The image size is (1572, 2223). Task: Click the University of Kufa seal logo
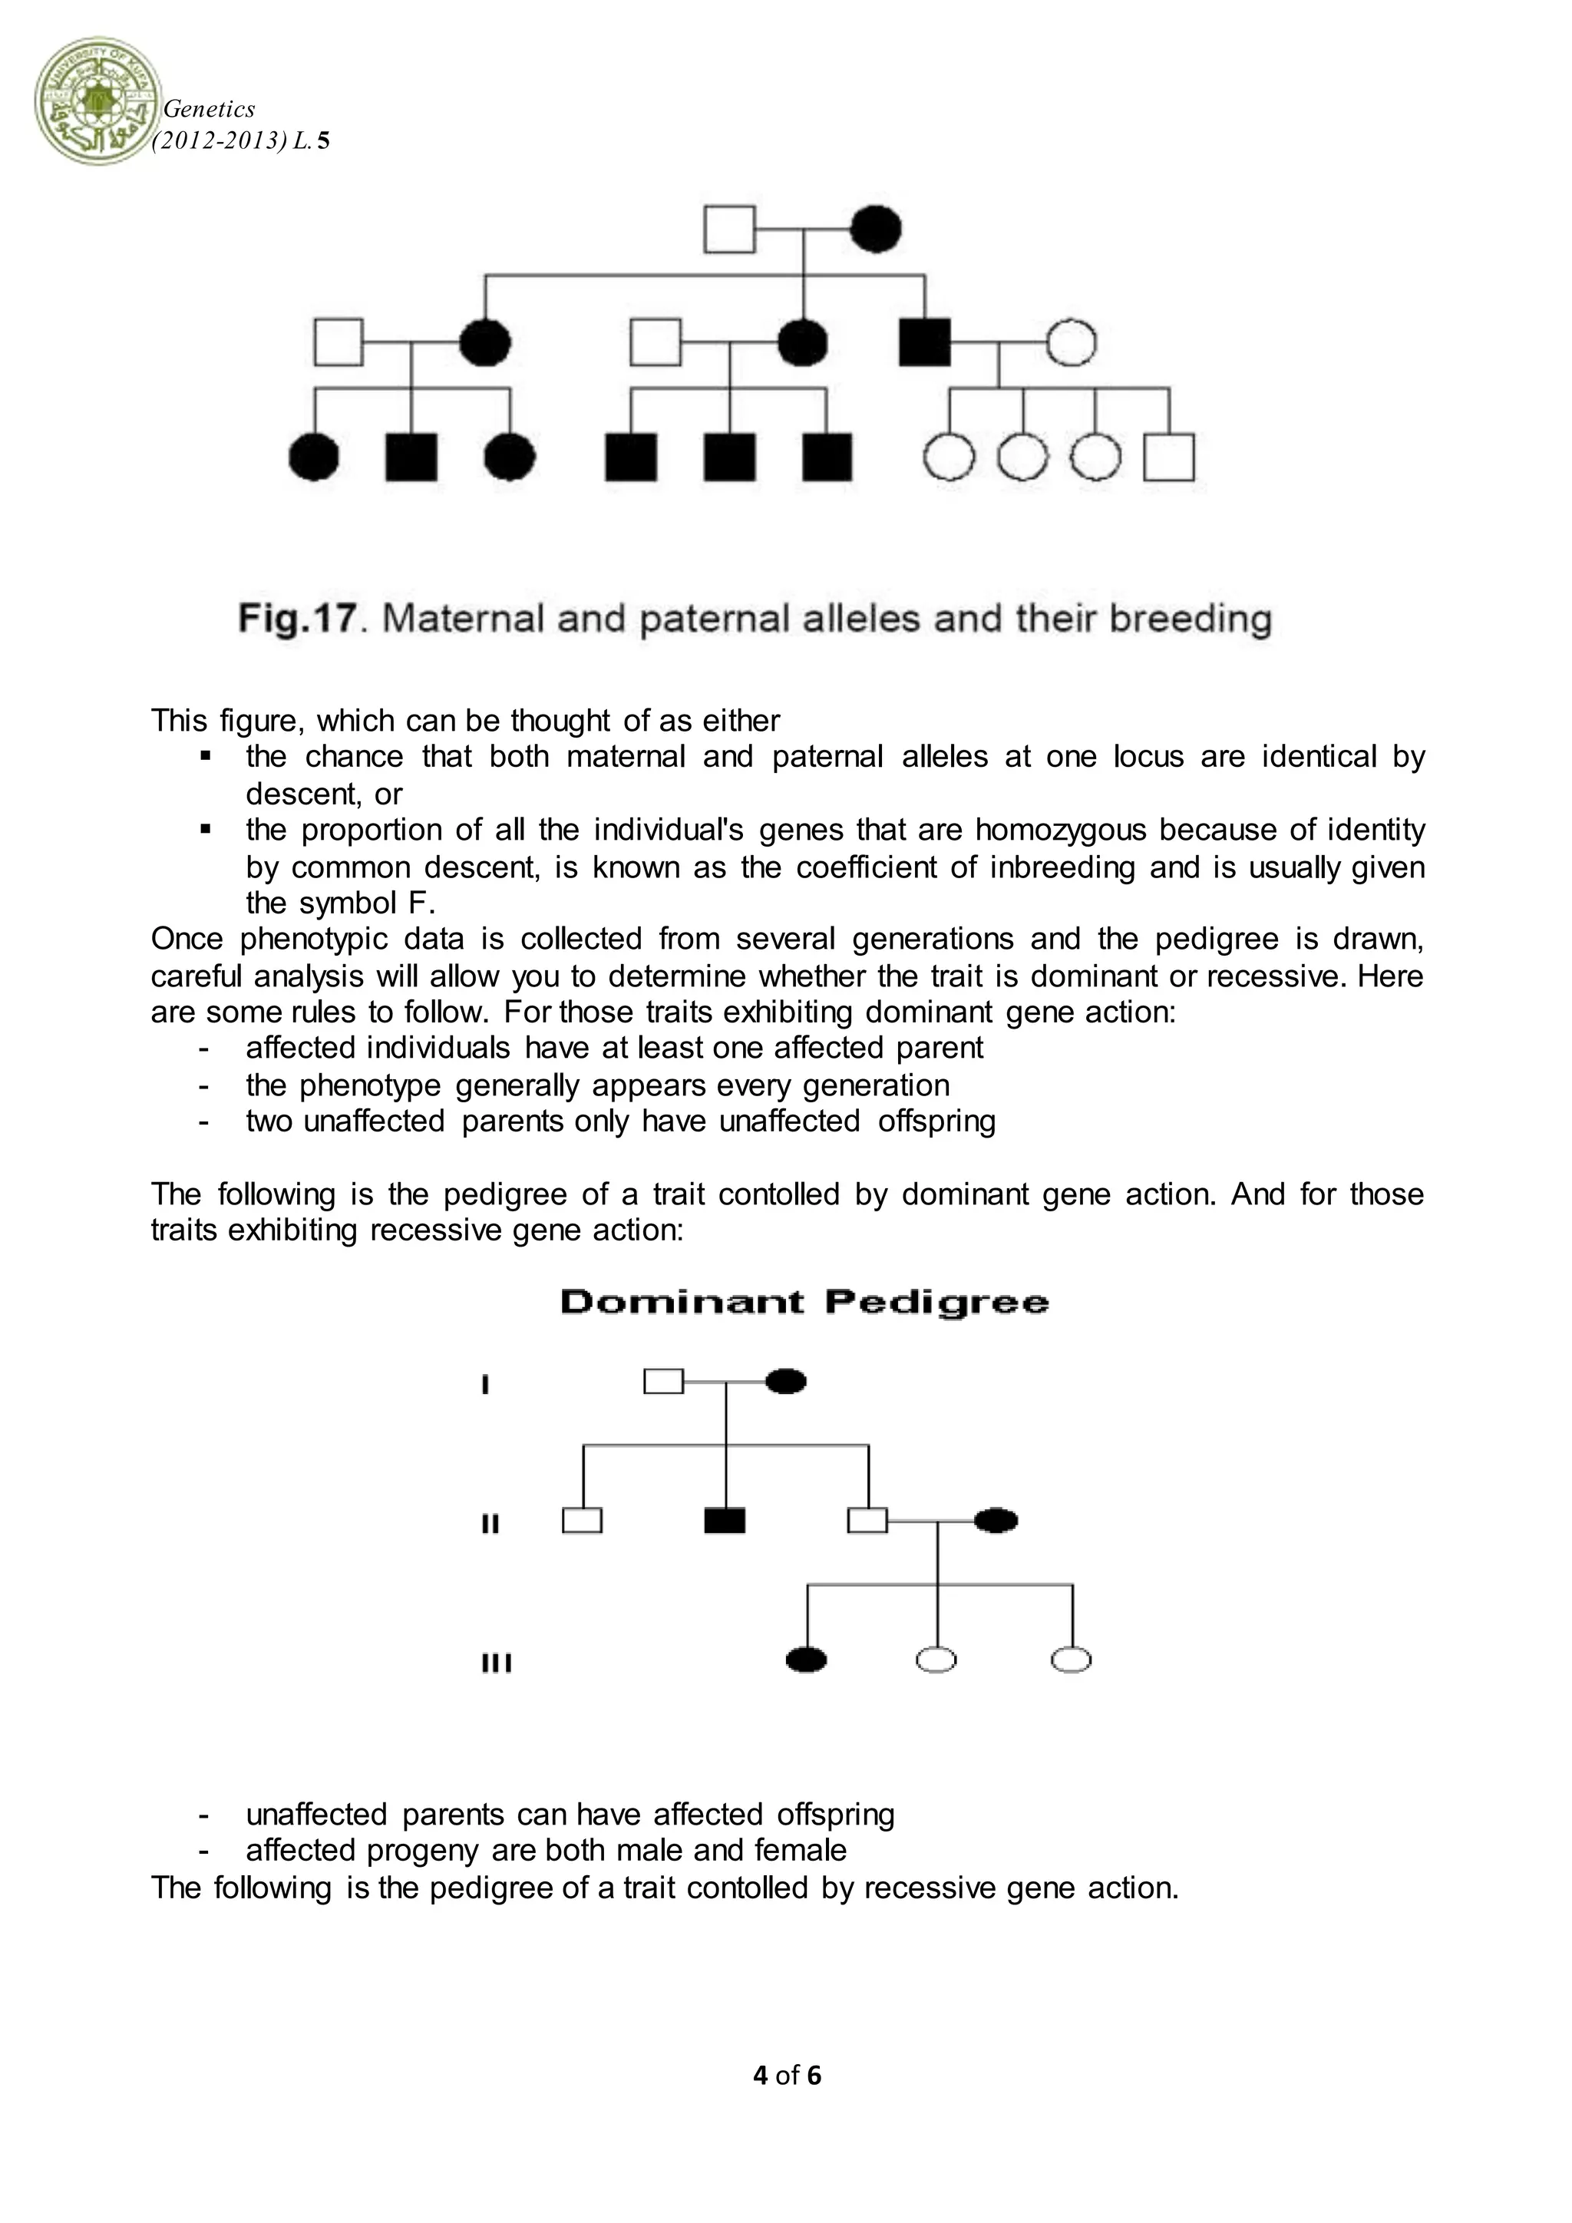97,101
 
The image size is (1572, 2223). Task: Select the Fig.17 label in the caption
297,618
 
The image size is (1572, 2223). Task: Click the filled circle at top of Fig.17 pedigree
876,230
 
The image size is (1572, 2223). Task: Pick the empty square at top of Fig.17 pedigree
729,230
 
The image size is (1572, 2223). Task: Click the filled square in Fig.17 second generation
924,343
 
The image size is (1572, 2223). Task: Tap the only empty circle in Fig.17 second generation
1071,343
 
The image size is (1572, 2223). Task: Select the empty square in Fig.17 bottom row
1168,457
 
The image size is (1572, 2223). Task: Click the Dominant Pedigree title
804,1302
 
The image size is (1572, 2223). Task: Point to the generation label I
485,1385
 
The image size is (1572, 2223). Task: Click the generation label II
490,1524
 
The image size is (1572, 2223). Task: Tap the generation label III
496,1663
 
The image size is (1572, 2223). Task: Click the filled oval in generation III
806,1660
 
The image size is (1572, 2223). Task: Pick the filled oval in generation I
786,1382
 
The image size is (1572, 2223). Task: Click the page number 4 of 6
786,2075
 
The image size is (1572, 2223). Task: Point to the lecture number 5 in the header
323,141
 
